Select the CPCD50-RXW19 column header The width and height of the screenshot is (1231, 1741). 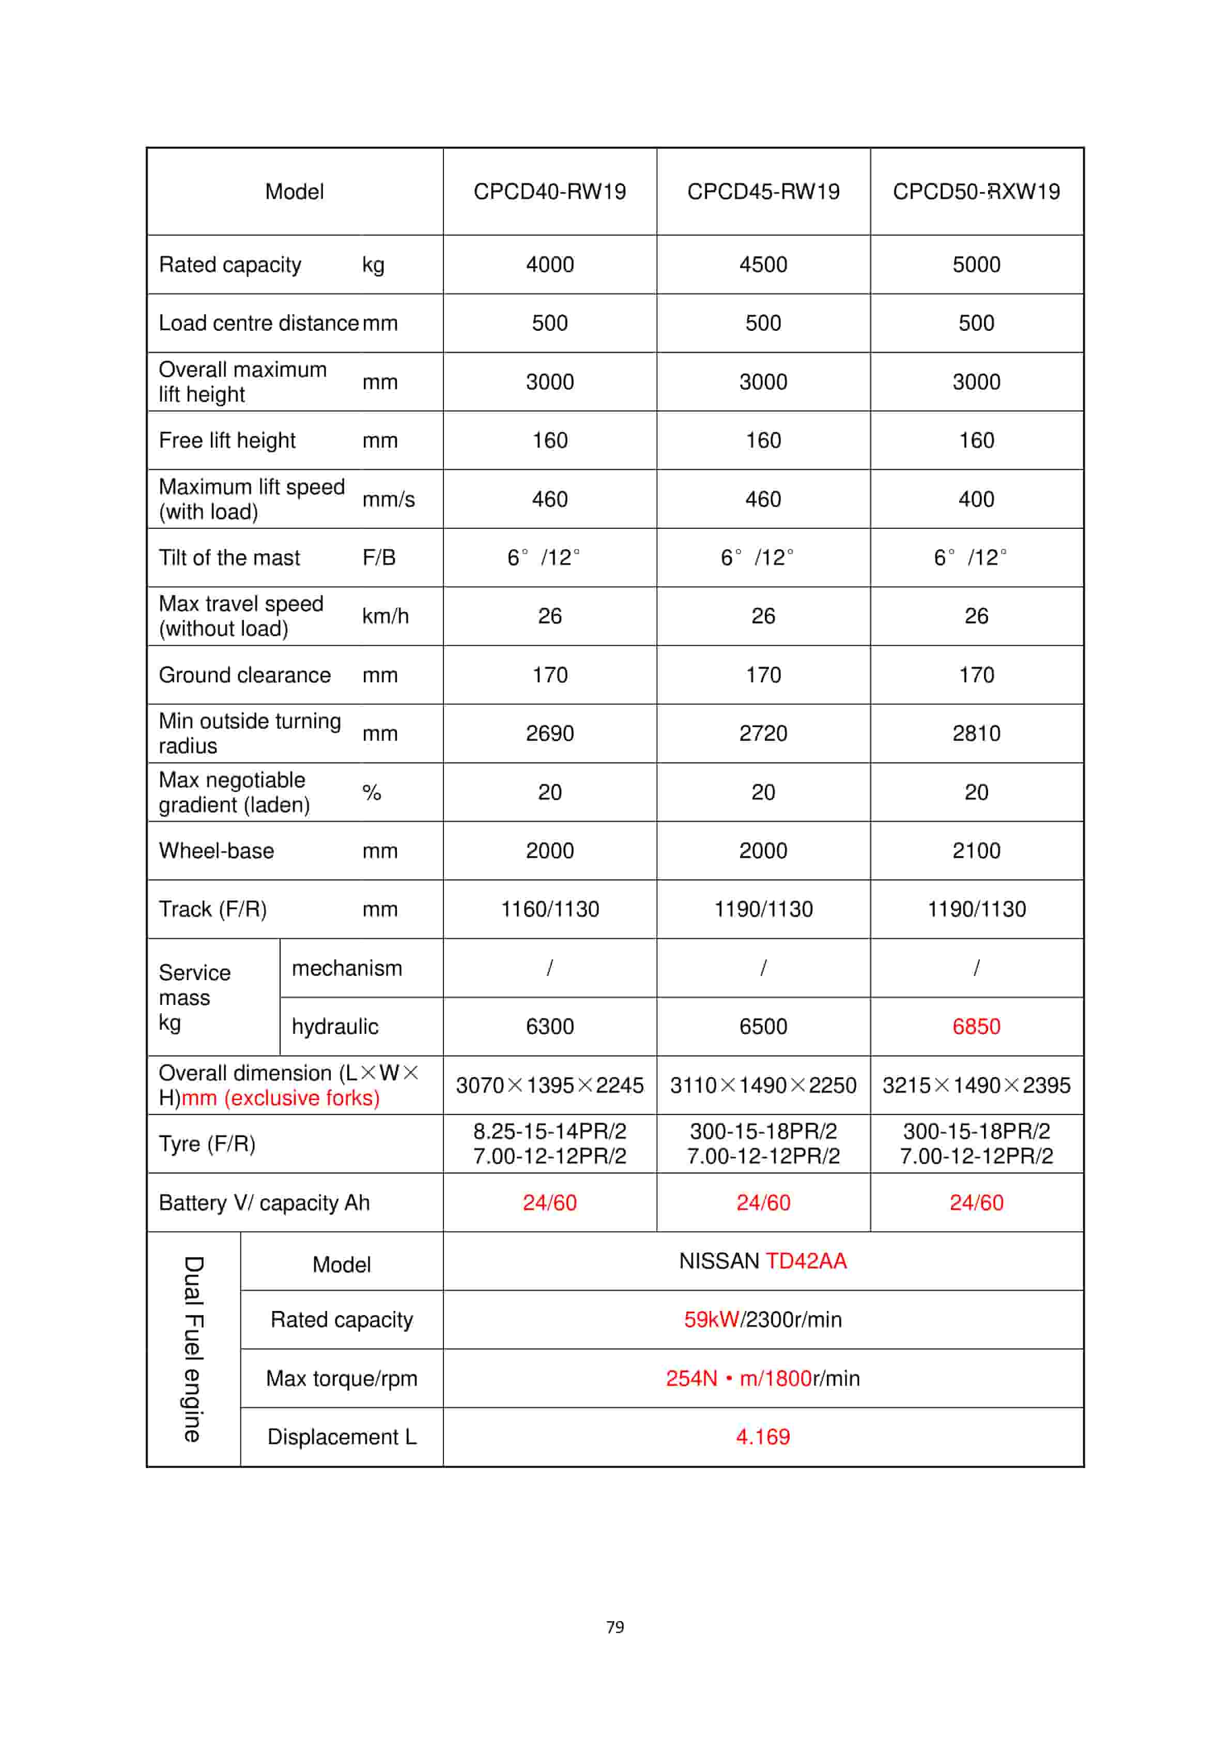976,191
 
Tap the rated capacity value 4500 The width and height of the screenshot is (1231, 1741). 763,265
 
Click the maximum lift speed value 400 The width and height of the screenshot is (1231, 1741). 976,499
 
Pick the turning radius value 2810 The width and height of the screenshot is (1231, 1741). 976,733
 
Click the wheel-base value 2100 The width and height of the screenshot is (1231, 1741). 976,851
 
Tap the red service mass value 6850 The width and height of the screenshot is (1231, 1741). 976,1027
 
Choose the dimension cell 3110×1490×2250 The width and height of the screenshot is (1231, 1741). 763,1085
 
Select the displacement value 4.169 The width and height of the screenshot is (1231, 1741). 763,1437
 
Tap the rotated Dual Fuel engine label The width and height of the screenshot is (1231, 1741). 193,1349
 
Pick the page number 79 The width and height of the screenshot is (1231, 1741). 615,1626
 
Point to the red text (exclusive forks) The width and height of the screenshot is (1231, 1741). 302,1098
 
